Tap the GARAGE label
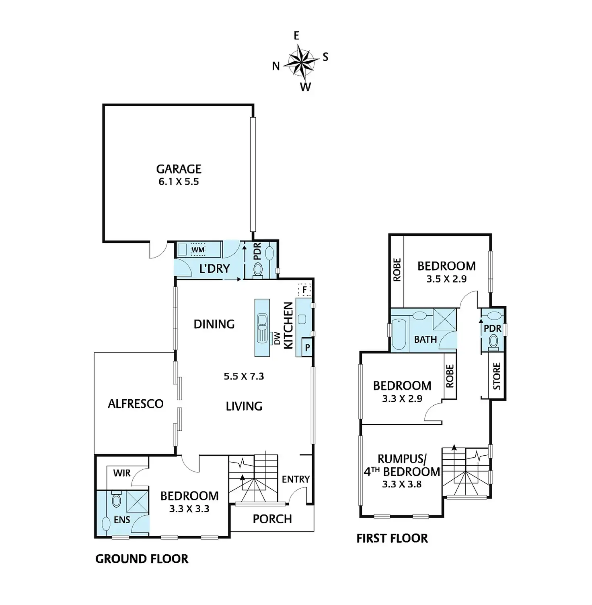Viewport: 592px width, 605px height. [x=179, y=169]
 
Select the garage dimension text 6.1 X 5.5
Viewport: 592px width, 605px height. [x=179, y=182]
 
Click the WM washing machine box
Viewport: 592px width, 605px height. [x=198, y=250]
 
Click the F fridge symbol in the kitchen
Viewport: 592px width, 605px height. [x=304, y=289]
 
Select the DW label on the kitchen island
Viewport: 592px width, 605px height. [x=277, y=338]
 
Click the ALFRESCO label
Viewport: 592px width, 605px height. [x=136, y=404]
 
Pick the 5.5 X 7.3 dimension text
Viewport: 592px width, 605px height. [x=244, y=376]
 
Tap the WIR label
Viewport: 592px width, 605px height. [x=122, y=473]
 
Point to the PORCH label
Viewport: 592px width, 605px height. [x=272, y=519]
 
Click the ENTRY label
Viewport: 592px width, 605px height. [x=296, y=479]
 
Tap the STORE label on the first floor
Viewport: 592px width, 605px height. [x=497, y=376]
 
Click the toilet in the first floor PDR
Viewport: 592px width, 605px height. [x=493, y=342]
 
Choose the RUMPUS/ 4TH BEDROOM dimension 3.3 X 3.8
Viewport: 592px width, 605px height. [x=402, y=484]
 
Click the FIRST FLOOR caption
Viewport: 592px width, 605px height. [x=392, y=538]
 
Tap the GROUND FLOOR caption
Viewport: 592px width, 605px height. [x=142, y=559]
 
